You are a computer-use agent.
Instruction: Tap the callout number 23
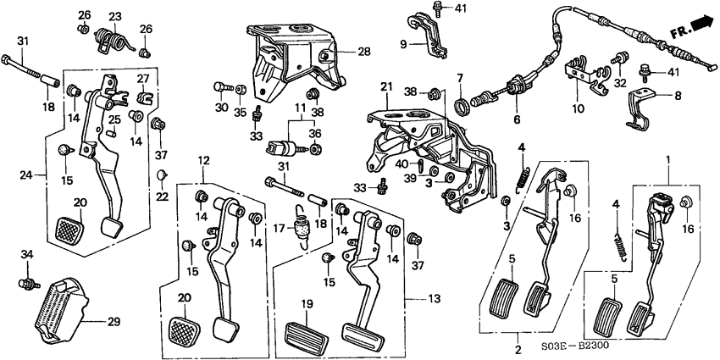[x=114, y=16]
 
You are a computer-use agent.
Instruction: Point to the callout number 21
[x=386, y=87]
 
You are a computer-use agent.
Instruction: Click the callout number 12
[x=203, y=160]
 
